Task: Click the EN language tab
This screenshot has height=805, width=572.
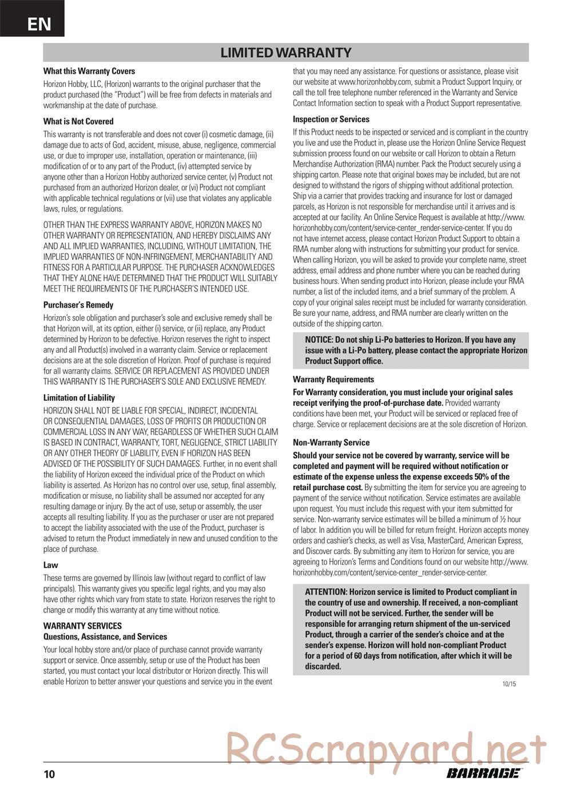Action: [38, 23]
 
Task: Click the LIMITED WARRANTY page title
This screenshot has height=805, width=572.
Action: [286, 53]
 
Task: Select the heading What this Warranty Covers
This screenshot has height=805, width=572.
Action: [89, 72]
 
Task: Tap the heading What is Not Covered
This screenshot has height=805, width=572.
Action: [78, 121]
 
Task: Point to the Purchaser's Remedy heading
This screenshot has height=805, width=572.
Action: [78, 305]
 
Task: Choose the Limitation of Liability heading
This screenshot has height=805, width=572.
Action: [79, 398]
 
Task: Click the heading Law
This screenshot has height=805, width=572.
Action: [51, 565]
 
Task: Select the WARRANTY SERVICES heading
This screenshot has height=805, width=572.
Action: [82, 626]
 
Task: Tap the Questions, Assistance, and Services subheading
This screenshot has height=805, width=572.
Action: [105, 637]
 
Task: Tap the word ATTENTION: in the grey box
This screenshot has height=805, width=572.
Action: [326, 592]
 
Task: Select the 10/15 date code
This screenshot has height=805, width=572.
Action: [509, 684]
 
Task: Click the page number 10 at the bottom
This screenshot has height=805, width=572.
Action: [49, 775]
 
